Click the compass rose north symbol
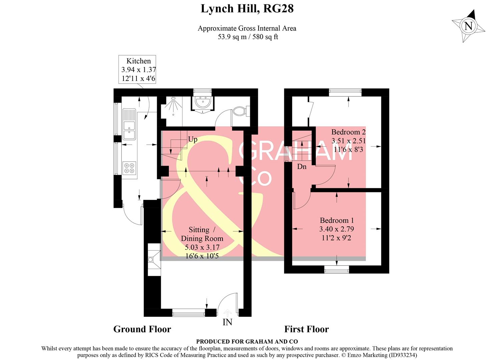tap(468, 26)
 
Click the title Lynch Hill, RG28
tap(247, 8)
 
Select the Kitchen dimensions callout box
tap(138, 70)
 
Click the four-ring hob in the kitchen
tap(129, 168)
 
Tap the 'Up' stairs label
tap(192, 139)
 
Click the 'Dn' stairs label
tap(302, 166)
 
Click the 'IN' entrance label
tap(227, 322)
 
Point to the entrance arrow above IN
tap(227, 313)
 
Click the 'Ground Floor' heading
tap(142, 329)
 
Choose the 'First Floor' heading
tap(306, 329)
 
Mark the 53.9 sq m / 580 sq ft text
tap(248, 37)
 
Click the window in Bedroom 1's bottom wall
tap(337, 269)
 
